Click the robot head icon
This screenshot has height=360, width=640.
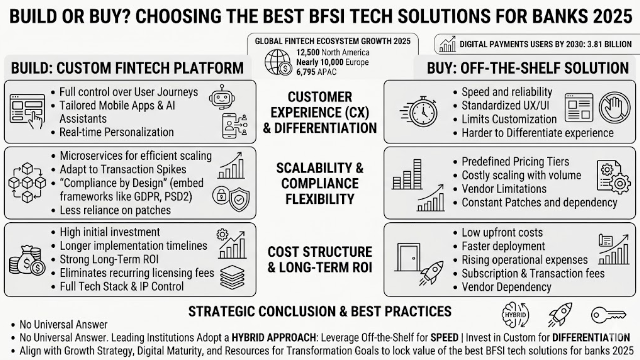pyautogui.click(x=222, y=96)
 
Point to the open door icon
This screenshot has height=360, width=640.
pyautogui.click(x=407, y=257)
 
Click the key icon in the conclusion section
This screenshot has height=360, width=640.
pyautogui.click(x=609, y=315)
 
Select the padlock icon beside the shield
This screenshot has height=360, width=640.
pyautogui.click(x=221, y=195)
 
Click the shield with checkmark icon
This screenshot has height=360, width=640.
pyautogui.click(x=239, y=199)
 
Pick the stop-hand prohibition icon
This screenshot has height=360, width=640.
pyautogui.click(x=615, y=108)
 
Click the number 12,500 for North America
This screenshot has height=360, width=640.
pyautogui.click(x=308, y=52)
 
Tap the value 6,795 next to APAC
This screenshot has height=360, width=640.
pyautogui.click(x=305, y=72)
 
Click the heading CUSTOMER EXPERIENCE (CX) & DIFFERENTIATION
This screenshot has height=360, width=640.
pyautogui.click(x=320, y=112)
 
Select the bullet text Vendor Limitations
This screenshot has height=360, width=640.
pyautogui.click(x=504, y=189)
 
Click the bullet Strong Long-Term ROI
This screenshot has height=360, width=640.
pyautogui.click(x=109, y=259)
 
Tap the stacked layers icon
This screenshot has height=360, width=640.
pyautogui.click(x=232, y=277)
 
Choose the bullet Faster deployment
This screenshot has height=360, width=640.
pyautogui.click(x=503, y=246)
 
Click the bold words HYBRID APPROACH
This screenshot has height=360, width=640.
pyautogui.click(x=274, y=338)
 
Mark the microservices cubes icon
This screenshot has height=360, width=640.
pyautogui.click(x=27, y=182)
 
